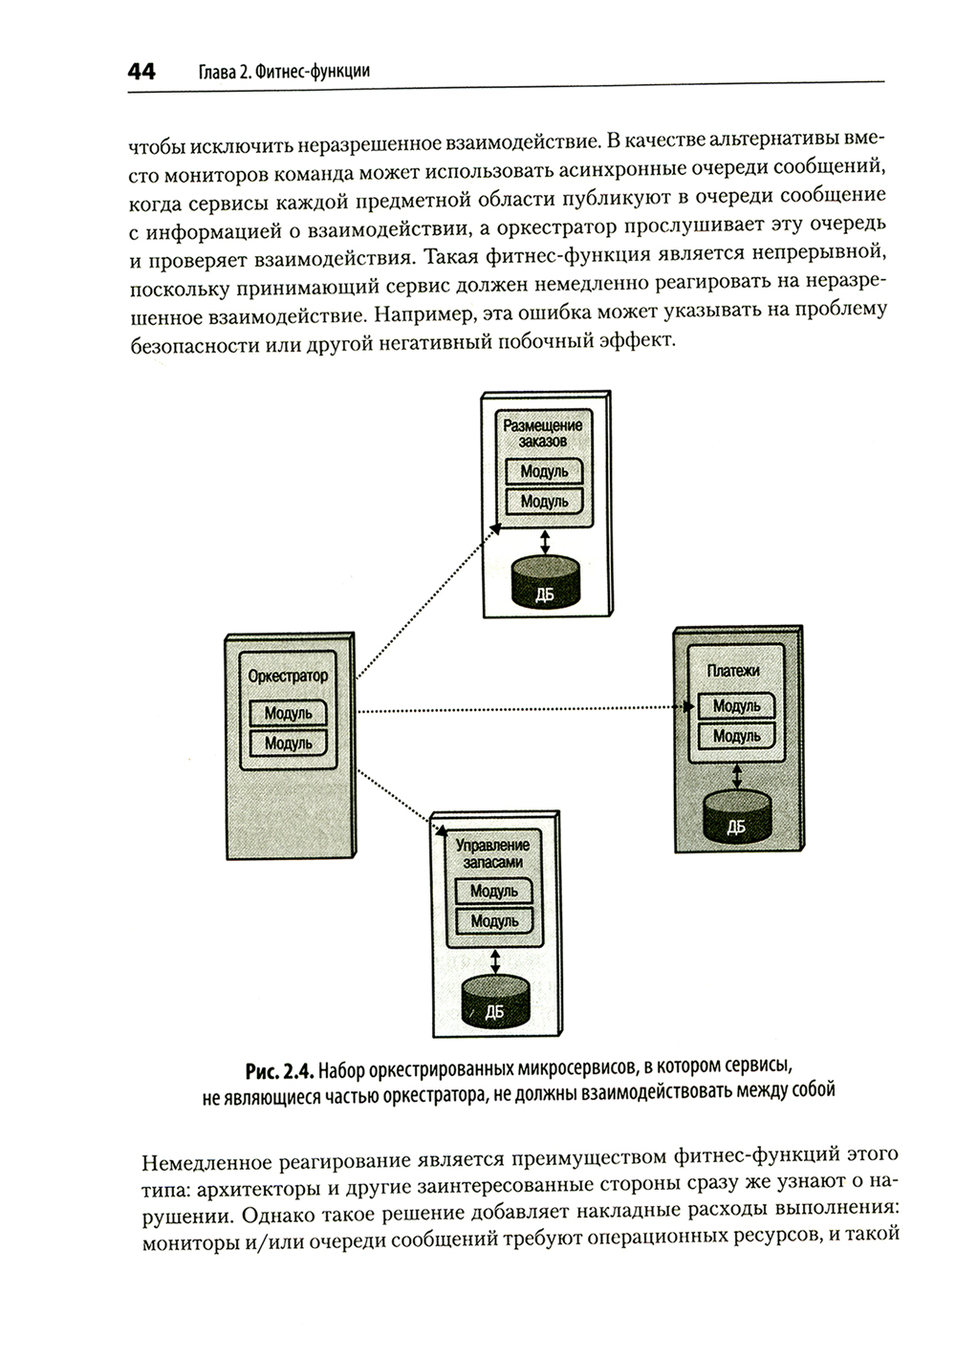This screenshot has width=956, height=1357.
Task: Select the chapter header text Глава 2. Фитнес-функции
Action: [283, 72]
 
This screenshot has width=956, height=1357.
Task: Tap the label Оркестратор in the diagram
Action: [288, 676]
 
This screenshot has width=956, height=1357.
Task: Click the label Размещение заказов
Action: [543, 433]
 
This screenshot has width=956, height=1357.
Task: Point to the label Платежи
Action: [733, 671]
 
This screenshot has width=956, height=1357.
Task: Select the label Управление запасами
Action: [492, 852]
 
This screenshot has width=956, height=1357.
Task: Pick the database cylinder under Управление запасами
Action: [494, 1001]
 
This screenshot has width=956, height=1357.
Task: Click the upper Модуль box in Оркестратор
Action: [288, 713]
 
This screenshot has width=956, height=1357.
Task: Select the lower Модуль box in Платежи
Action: [736, 736]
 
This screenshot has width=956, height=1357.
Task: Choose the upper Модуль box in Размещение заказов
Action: [544, 471]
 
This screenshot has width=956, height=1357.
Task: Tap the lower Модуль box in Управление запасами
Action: [494, 921]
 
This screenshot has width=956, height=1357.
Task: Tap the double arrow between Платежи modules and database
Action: [734, 770]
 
